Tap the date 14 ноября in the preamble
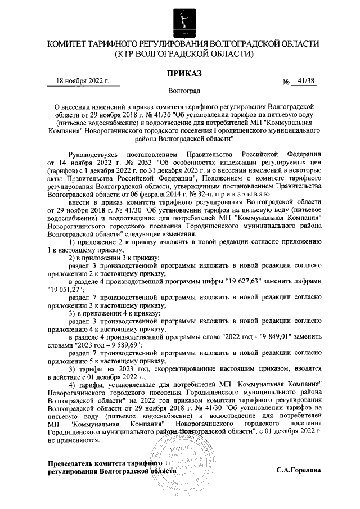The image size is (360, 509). click(73, 163)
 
